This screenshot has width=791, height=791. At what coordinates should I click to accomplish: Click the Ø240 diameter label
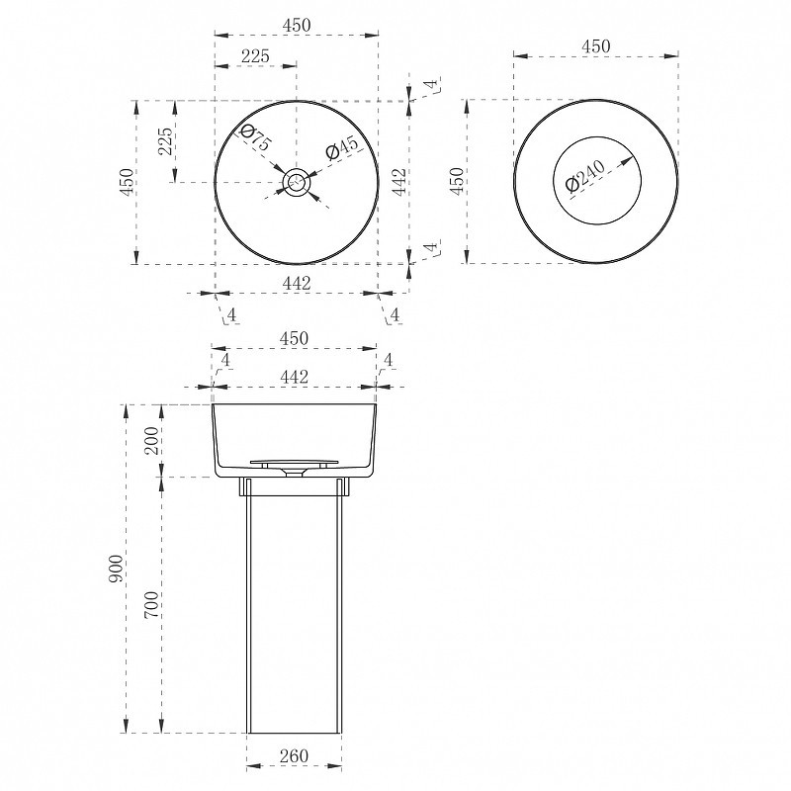(x=585, y=176)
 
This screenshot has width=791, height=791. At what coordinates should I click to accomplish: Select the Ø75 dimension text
(x=256, y=137)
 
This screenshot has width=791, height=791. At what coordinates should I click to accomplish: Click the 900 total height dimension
(x=116, y=569)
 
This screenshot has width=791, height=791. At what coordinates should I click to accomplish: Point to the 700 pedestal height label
(x=151, y=605)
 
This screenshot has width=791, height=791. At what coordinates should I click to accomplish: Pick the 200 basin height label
(x=151, y=440)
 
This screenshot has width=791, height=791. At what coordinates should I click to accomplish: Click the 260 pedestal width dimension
(x=294, y=755)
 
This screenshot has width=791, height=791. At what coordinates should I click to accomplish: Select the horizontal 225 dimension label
(x=255, y=56)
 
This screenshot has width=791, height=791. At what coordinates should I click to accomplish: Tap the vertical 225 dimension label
(x=165, y=141)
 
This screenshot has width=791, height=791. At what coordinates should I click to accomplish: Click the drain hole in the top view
(x=296, y=182)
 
